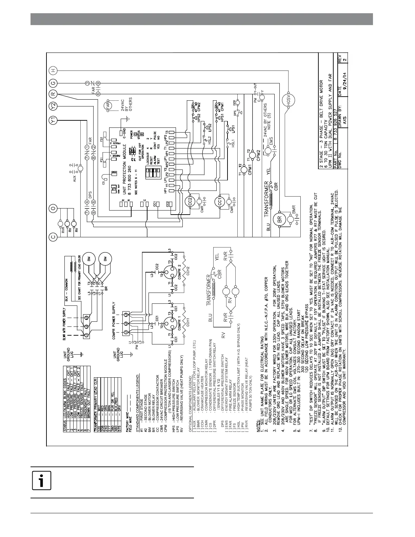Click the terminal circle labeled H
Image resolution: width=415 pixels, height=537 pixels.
(x=54, y=71)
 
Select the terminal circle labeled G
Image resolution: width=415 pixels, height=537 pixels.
(x=54, y=83)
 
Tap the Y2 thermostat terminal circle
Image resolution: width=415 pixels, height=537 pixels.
(x=54, y=106)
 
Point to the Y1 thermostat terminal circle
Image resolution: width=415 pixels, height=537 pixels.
(x=54, y=119)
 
